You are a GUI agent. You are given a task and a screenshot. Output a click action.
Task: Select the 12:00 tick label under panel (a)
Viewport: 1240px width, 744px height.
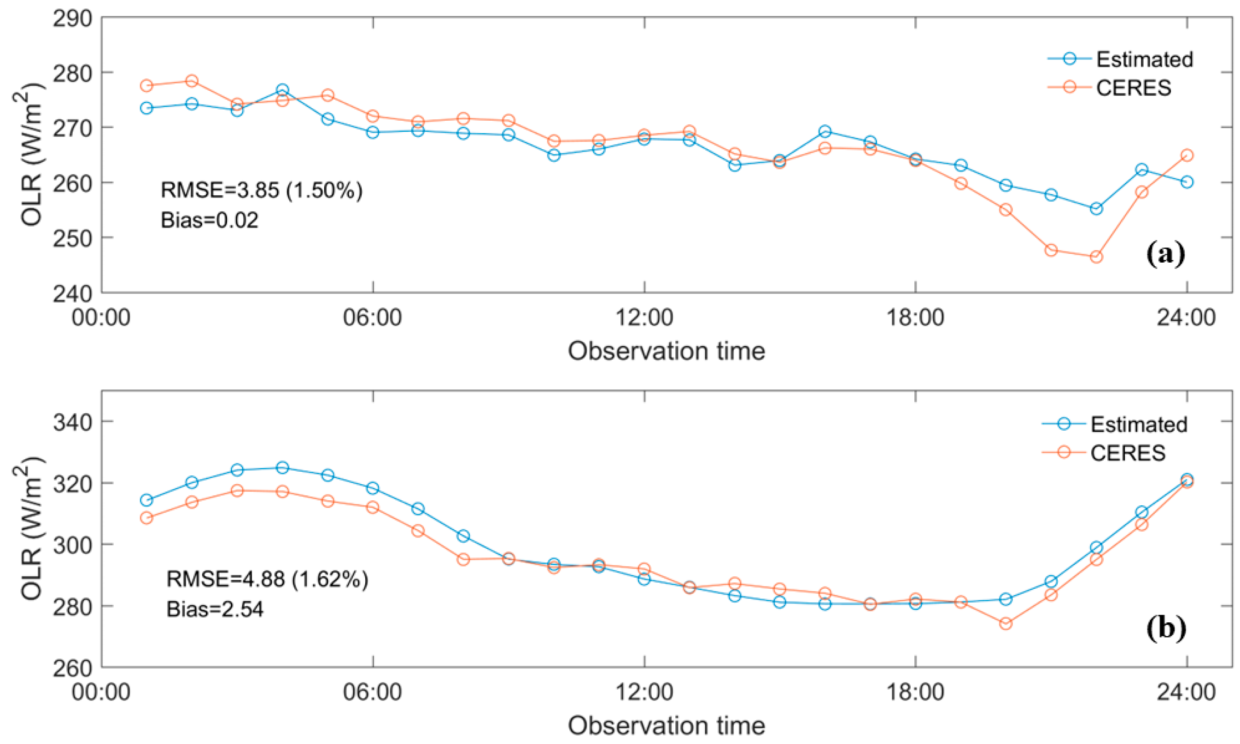coord(644,318)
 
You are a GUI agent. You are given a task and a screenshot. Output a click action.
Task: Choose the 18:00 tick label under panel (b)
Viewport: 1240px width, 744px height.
coord(915,692)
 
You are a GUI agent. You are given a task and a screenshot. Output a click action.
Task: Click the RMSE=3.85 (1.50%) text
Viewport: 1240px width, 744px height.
coord(261,191)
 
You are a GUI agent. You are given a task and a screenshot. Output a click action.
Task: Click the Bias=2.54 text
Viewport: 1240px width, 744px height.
coord(215,609)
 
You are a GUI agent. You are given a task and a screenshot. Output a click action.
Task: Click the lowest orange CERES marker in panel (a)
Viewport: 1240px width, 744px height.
coord(1096,257)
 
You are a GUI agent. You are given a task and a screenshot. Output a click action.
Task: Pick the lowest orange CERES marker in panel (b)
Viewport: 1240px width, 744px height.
coord(1006,624)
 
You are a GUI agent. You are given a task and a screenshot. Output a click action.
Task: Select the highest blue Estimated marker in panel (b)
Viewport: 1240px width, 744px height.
coord(283,468)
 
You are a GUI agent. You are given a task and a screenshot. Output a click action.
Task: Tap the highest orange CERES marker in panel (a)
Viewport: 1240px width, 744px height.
coord(192,81)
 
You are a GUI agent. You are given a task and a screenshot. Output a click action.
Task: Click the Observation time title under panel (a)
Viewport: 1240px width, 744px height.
coord(666,351)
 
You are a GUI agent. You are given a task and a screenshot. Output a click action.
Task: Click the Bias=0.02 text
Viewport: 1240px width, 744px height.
coord(209,221)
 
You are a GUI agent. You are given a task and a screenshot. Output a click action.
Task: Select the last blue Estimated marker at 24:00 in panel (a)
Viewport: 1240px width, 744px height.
coord(1187,182)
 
